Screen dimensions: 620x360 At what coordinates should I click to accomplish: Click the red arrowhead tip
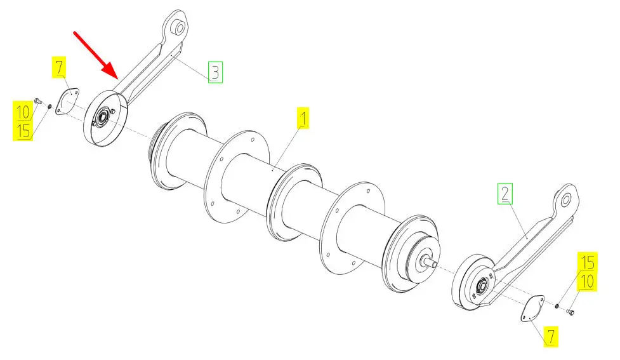coord(117,79)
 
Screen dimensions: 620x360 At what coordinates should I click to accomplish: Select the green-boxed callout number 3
coord(216,72)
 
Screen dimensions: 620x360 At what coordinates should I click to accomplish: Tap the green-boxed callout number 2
coord(505,194)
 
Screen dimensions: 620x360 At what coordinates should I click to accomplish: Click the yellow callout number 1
coord(303,118)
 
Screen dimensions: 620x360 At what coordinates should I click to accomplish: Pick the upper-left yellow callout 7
coord(59,67)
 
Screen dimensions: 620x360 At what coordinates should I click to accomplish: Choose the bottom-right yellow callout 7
coord(551,337)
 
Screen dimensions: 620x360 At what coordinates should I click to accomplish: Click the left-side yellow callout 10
coord(23,112)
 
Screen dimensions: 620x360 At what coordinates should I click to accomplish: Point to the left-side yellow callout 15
coord(23,130)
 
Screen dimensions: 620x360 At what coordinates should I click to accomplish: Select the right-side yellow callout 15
coord(588,262)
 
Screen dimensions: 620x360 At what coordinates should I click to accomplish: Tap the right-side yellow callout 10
coord(587,281)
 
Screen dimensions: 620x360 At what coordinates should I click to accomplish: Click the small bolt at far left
coord(38,102)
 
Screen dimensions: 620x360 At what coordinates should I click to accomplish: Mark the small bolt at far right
coord(571,312)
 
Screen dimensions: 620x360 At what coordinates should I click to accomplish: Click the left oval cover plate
coord(67,102)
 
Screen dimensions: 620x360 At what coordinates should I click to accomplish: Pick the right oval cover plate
coord(532,308)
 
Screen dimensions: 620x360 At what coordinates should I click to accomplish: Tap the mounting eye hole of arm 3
coord(180,28)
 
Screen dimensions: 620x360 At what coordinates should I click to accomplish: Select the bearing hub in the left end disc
coord(103,117)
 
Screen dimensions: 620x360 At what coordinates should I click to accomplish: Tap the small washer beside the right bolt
coord(557,306)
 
